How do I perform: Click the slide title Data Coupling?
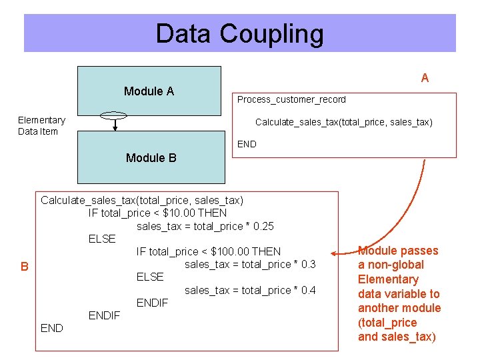[239, 33]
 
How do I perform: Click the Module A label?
[149, 91]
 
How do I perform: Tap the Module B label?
[151, 158]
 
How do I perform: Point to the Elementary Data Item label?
[41, 125]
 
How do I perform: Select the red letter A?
[425, 78]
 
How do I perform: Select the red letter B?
[24, 267]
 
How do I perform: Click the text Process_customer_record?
[291, 99]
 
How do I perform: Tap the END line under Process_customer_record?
[247, 144]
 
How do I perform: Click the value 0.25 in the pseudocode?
[260, 226]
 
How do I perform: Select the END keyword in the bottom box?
[52, 328]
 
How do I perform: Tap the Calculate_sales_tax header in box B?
[142, 200]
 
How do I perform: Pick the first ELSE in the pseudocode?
[102, 239]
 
